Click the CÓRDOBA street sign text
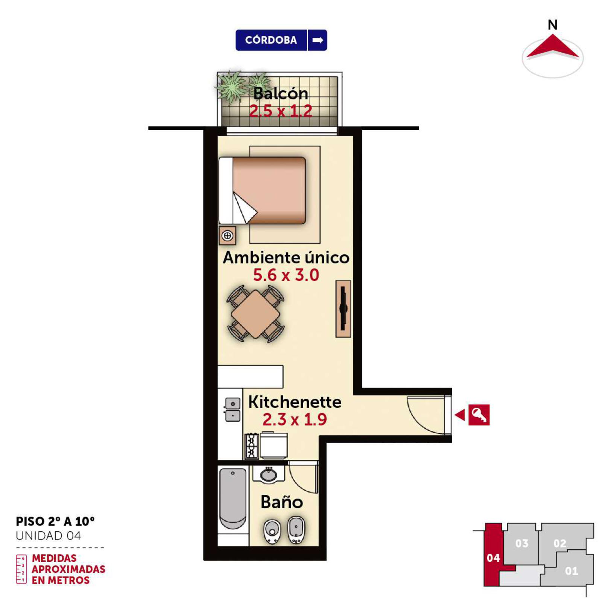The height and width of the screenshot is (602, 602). [x=271, y=40]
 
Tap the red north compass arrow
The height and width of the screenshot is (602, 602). [x=552, y=47]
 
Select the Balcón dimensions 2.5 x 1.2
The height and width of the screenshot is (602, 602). [x=281, y=111]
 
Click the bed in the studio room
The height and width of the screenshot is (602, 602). [x=262, y=190]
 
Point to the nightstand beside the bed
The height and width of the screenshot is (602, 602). [x=227, y=236]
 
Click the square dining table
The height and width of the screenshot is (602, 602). [x=255, y=314]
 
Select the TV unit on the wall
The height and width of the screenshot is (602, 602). [x=343, y=309]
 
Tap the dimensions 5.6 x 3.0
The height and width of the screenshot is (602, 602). [x=286, y=275]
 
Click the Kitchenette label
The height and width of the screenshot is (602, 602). [x=295, y=402]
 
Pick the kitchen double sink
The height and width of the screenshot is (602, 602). [x=233, y=409]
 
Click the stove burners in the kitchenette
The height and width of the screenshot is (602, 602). [x=252, y=446]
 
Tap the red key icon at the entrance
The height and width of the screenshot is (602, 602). [x=479, y=415]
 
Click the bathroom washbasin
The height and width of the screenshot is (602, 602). [x=269, y=474]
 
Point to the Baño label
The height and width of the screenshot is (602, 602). [x=282, y=502]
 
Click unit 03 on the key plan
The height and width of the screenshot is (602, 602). [x=522, y=543]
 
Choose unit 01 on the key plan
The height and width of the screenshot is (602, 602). [x=571, y=571]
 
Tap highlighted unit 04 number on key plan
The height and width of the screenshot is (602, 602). [x=493, y=558]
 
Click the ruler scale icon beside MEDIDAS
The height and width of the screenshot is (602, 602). [x=21, y=569]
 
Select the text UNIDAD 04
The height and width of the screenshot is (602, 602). [x=48, y=536]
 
